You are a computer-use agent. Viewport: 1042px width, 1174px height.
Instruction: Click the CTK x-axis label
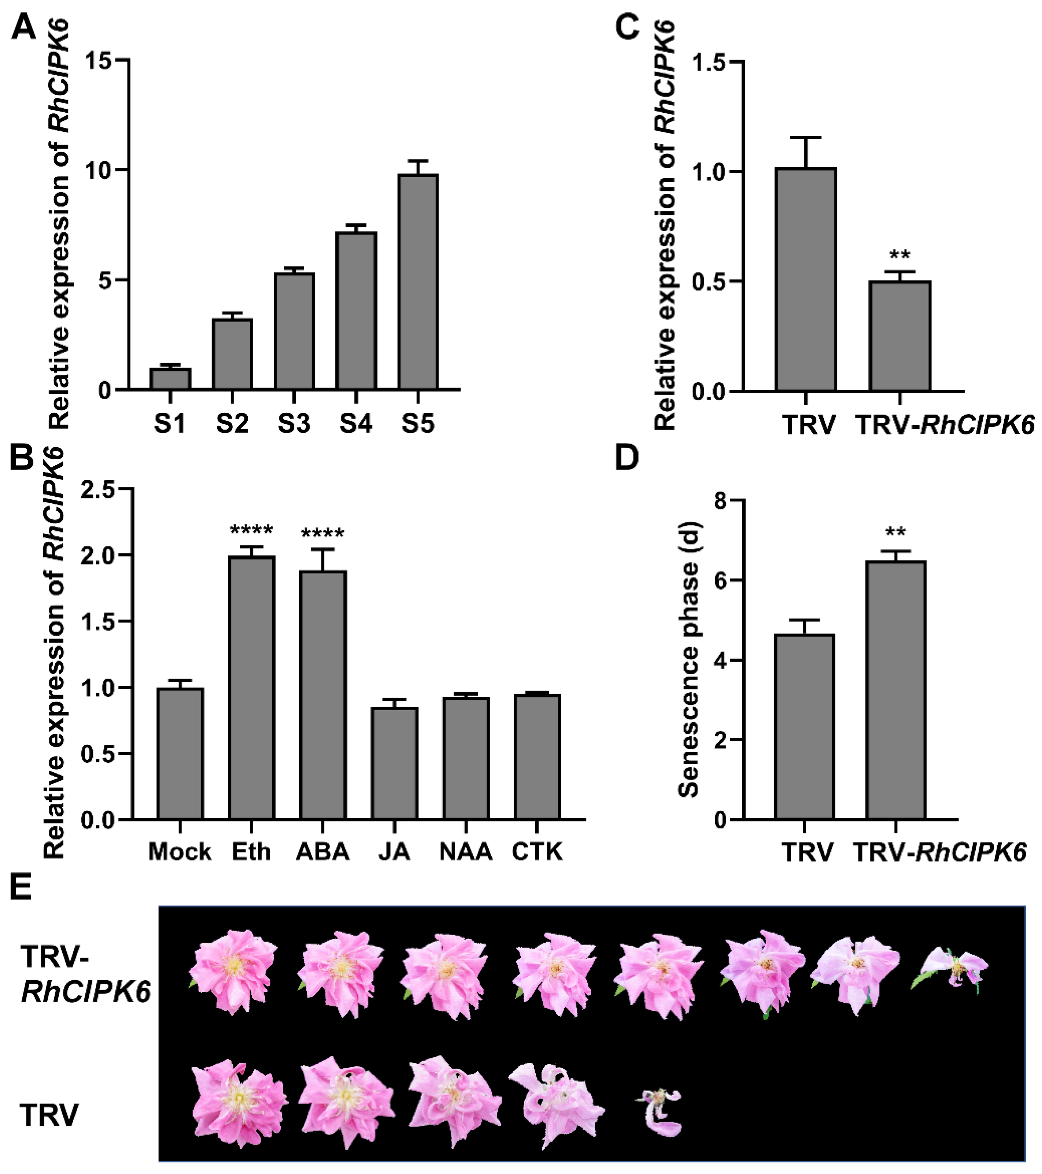click(537, 851)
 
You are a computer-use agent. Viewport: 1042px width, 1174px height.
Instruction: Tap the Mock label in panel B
click(179, 851)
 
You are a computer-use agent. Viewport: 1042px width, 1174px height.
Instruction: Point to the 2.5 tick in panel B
click(99, 489)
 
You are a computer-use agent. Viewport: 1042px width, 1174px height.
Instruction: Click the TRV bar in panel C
click(806, 280)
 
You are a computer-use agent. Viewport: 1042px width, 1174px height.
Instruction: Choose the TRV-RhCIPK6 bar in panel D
click(896, 691)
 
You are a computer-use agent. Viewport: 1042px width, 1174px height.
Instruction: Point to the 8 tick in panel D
click(719, 501)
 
